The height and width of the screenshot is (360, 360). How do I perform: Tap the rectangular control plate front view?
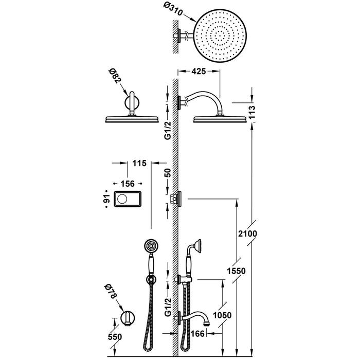coord(126,199)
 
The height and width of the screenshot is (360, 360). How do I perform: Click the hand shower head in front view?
coord(151,247)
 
